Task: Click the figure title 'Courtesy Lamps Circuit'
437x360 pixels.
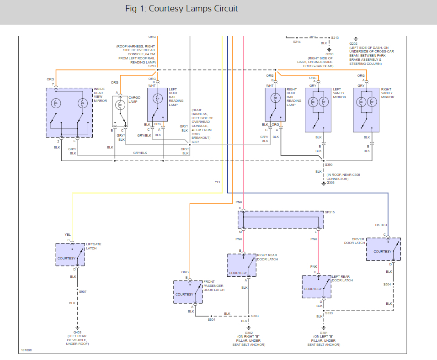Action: click(181, 9)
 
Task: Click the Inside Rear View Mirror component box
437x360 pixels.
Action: click(69, 111)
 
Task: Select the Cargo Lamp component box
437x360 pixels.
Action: click(120, 111)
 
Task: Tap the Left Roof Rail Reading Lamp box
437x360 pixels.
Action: click(157, 104)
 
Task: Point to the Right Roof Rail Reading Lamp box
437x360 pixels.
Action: click(275, 104)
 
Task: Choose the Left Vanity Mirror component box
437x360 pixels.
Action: click(318, 110)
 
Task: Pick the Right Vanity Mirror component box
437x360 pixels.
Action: click(366, 110)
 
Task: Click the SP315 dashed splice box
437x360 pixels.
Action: click(280, 220)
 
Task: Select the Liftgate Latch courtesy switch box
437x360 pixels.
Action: click(70, 254)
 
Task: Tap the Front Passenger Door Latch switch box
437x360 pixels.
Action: click(187, 292)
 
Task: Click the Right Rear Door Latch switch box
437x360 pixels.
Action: click(241, 265)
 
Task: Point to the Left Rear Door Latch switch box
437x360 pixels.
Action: click(316, 286)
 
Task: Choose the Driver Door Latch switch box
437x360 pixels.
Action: click(383, 249)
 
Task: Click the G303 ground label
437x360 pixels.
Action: click(330, 183)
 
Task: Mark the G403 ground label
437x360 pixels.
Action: click(78, 333)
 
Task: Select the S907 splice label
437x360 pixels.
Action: click(83, 291)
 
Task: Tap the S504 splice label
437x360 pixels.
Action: click(387, 284)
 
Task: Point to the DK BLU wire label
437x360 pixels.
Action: click(381, 225)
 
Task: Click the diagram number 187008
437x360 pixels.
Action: click(26, 350)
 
